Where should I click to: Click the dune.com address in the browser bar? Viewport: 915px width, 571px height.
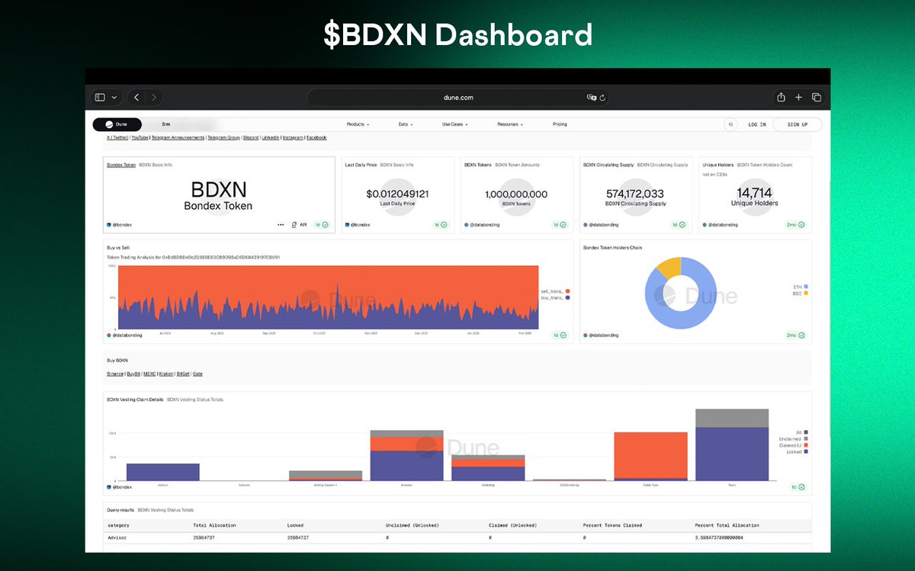[x=457, y=98]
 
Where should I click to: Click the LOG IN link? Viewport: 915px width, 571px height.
[x=756, y=124]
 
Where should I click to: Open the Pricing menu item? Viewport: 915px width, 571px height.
[x=560, y=124]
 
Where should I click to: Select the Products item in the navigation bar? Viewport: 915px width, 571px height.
[x=357, y=124]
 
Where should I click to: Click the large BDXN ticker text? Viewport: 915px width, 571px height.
[x=218, y=190]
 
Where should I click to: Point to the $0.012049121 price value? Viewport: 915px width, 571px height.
[x=396, y=194]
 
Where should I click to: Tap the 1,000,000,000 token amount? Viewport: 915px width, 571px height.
[x=516, y=194]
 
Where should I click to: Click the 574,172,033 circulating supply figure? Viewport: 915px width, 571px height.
[x=634, y=194]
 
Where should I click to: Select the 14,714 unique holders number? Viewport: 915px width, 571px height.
[x=754, y=193]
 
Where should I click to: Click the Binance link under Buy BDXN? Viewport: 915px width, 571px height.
[x=115, y=374]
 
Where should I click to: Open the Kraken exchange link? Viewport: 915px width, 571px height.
[x=165, y=374]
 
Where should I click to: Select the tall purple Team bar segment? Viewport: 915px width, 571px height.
[x=731, y=454]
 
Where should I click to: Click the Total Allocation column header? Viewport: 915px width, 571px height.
[x=213, y=525]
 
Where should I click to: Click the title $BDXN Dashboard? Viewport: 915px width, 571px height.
[x=457, y=35]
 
